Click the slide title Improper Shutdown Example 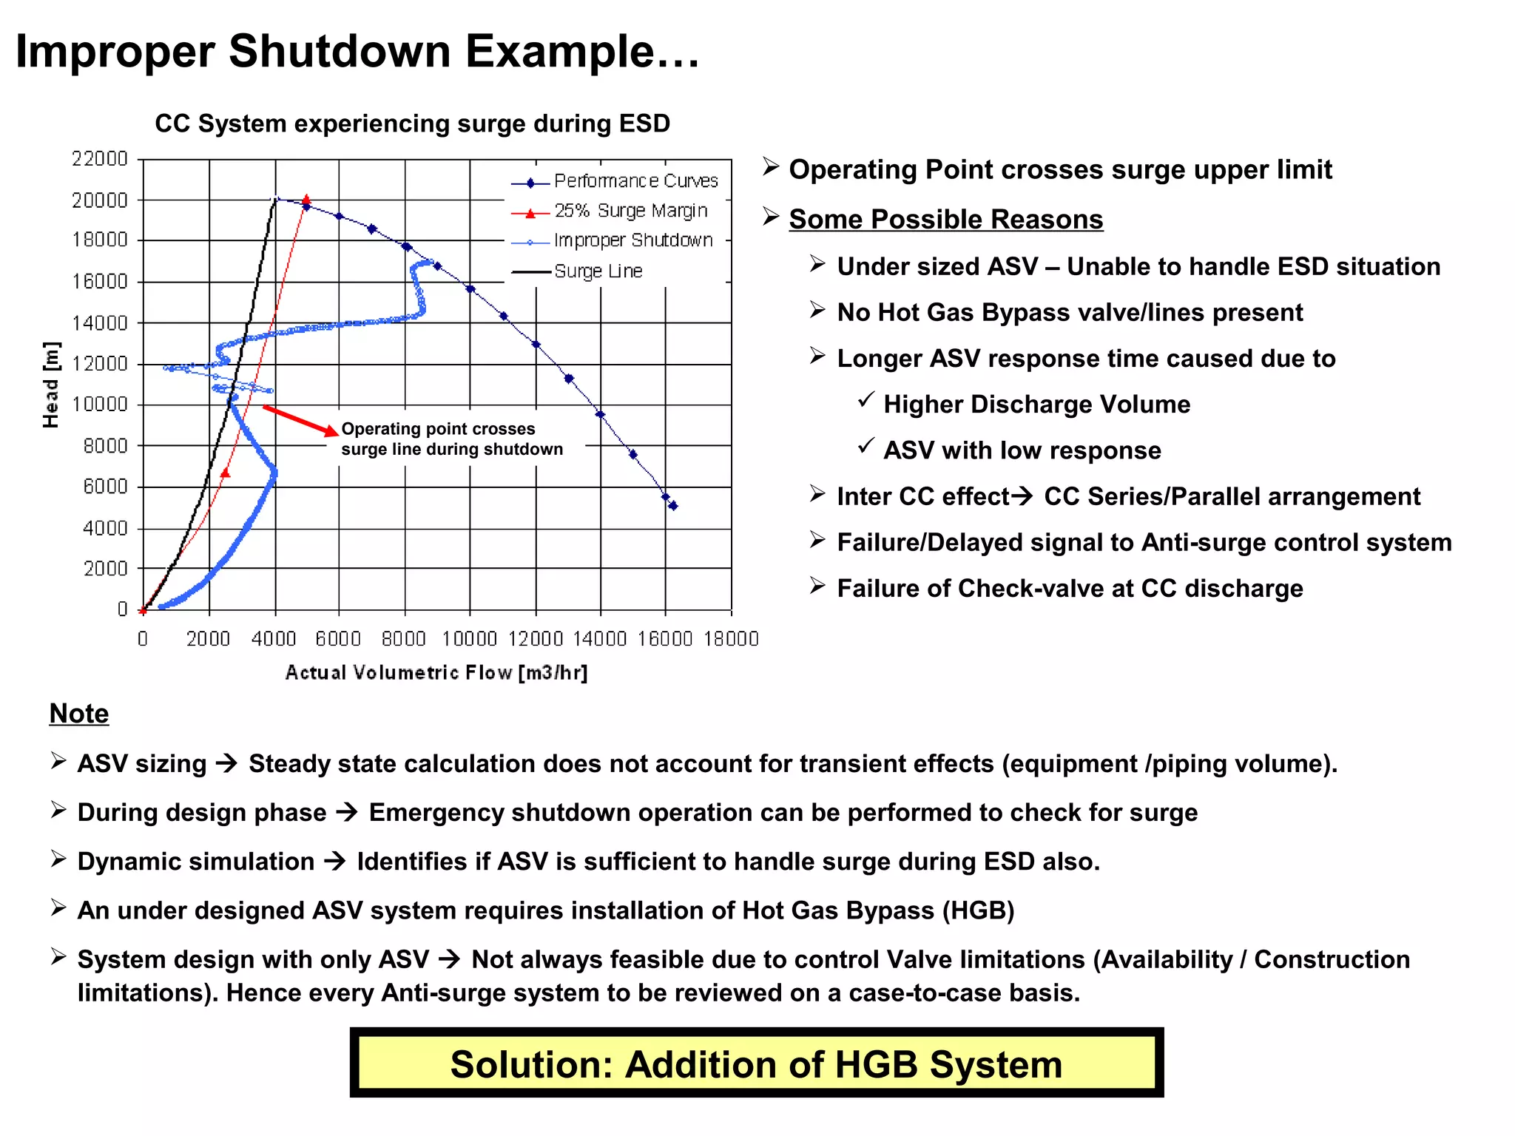pyautogui.click(x=357, y=52)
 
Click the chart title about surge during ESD pyautogui.click(x=412, y=124)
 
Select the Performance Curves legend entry pyautogui.click(x=635, y=181)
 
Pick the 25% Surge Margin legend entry pyautogui.click(x=630, y=212)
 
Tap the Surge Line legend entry pyautogui.click(x=598, y=271)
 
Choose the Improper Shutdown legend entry pyautogui.click(x=632, y=241)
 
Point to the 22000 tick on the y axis pyautogui.click(x=100, y=159)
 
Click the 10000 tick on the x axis pyautogui.click(x=469, y=638)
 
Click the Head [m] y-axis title pyautogui.click(x=50, y=385)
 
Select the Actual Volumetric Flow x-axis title pyautogui.click(x=436, y=672)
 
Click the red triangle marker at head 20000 pyautogui.click(x=306, y=200)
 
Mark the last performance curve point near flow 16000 pyautogui.click(x=673, y=506)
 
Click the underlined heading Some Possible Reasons pyautogui.click(x=945, y=220)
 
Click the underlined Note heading pyautogui.click(x=79, y=714)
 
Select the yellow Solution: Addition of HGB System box pyautogui.click(x=756, y=1064)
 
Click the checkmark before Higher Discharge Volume pyautogui.click(x=866, y=400)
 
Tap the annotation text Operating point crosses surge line pyautogui.click(x=451, y=439)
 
